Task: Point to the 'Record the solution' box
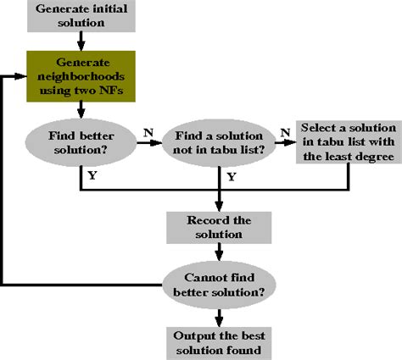220,224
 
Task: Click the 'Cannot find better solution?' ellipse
220,285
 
